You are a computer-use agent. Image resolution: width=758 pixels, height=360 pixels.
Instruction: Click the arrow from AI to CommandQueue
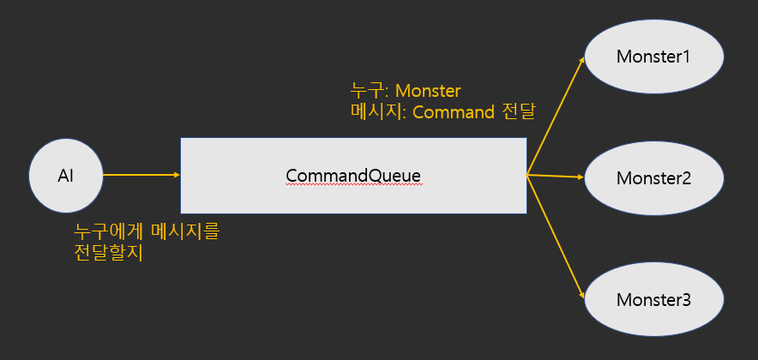click(x=141, y=175)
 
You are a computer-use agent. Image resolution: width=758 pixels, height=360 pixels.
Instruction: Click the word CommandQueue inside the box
click(x=353, y=176)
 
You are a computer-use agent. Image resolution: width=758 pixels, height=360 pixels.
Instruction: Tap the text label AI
click(x=66, y=176)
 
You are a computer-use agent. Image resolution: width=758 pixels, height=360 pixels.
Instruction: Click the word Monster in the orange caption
click(x=428, y=91)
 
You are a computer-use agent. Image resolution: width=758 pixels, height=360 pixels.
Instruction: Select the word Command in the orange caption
click(x=454, y=112)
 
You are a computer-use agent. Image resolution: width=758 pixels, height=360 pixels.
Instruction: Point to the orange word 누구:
click(x=370, y=91)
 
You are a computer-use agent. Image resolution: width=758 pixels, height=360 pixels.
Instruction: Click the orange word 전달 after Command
click(x=518, y=112)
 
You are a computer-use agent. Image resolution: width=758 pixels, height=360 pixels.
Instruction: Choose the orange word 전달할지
click(x=109, y=253)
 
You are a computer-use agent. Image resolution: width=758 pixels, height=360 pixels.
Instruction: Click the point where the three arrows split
click(x=526, y=175)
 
